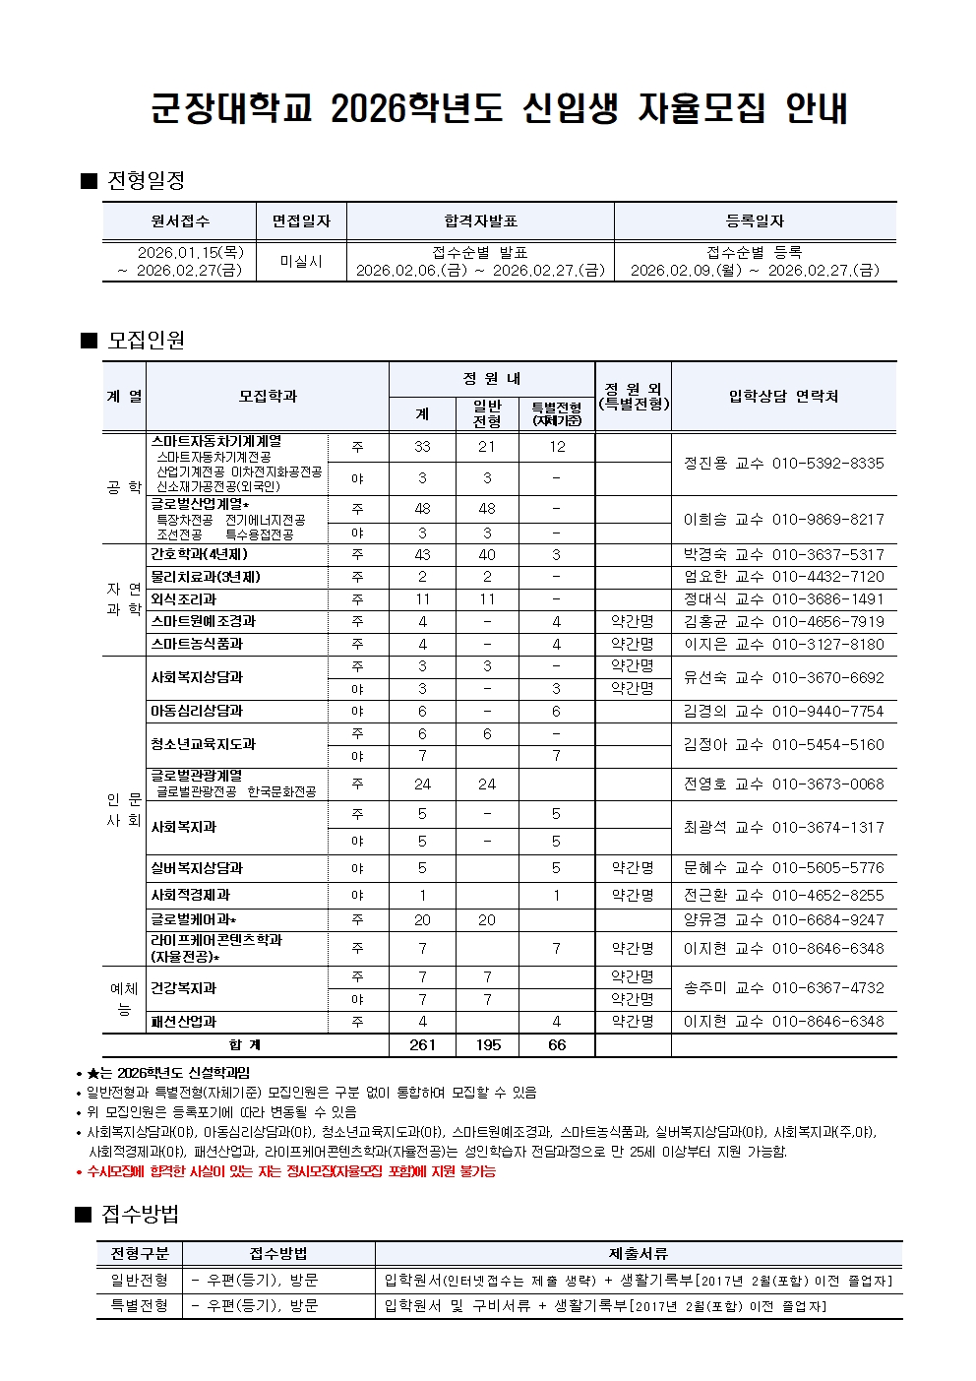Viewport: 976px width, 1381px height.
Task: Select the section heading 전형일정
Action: (146, 180)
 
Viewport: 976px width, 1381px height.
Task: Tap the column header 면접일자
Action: (301, 221)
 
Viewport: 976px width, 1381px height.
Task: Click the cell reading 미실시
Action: (301, 261)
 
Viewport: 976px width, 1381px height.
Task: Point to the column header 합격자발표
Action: (480, 221)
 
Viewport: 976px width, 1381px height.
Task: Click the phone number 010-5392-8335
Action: (827, 463)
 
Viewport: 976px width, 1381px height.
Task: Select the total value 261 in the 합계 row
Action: (422, 1045)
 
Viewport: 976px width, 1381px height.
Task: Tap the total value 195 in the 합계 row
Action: (487, 1045)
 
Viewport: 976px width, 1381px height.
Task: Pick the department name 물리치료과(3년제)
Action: (206, 577)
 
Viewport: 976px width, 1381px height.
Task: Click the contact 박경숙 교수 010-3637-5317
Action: (783, 555)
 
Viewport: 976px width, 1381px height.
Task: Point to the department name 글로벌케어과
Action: (194, 919)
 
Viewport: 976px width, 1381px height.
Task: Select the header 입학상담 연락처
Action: (783, 396)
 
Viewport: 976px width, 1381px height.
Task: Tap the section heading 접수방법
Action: (140, 1214)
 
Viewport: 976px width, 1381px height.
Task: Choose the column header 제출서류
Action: (639, 1253)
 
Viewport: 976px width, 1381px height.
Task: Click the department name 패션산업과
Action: (183, 1022)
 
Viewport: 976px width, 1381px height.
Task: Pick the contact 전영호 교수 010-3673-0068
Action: (783, 785)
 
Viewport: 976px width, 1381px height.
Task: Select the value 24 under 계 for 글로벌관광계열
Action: (422, 785)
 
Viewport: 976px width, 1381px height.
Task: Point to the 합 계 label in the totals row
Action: (245, 1045)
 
